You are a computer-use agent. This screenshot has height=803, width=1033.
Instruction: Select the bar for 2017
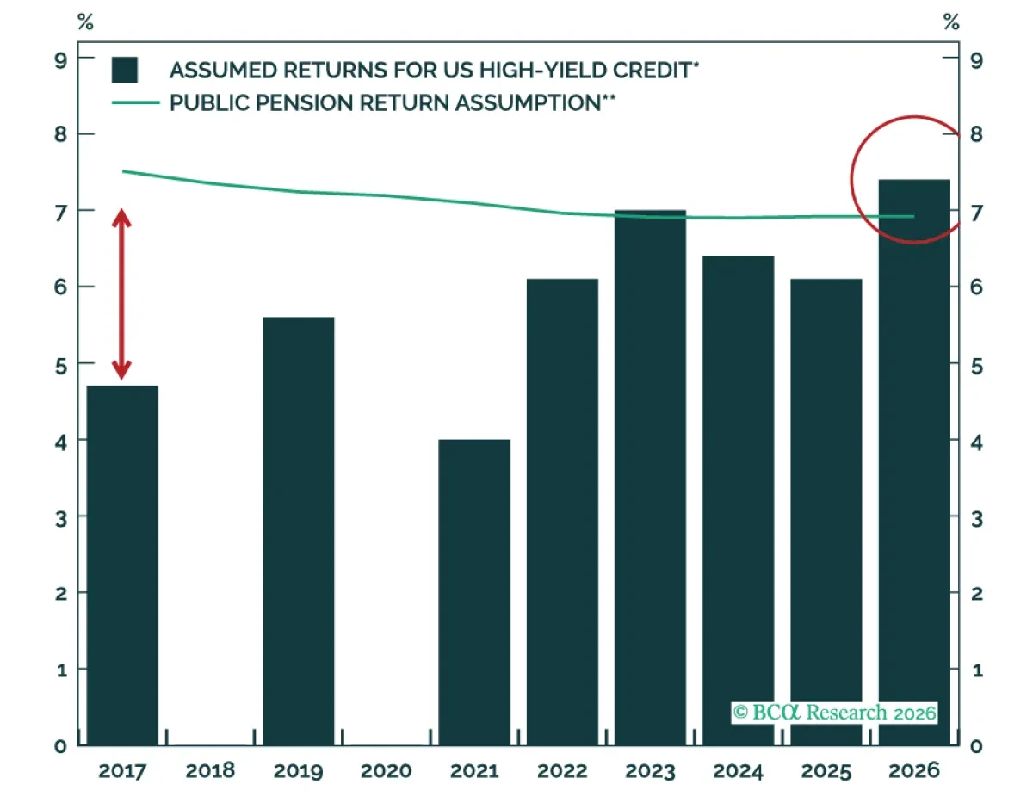click(122, 565)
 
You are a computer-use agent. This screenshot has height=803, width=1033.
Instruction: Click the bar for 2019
click(298, 531)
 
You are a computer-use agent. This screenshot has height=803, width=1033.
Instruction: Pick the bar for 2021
click(474, 592)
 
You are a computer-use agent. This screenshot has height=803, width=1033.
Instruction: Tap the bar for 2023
click(650, 478)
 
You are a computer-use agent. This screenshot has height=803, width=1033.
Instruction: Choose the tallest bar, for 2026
click(913, 462)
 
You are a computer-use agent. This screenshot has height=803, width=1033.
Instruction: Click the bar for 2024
click(738, 501)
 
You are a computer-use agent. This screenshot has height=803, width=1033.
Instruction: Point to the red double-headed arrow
click(121, 294)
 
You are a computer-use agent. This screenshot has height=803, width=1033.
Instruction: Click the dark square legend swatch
click(125, 70)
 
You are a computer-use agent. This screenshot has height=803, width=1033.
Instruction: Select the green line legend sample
click(135, 102)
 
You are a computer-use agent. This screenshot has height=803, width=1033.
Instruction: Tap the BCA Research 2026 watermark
click(834, 713)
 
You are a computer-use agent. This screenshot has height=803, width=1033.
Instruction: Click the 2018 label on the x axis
click(210, 770)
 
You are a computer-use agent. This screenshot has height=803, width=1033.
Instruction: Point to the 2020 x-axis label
click(386, 770)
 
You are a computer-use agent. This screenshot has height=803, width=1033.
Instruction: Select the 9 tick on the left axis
click(60, 61)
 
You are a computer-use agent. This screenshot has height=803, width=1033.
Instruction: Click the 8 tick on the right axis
click(976, 134)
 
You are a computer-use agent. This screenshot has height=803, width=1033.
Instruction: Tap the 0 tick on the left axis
click(60, 746)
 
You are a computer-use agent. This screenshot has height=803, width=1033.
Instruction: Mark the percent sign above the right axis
click(951, 22)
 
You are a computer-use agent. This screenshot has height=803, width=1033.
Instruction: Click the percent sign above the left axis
click(85, 22)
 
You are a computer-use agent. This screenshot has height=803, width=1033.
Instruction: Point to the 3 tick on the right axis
click(976, 519)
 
